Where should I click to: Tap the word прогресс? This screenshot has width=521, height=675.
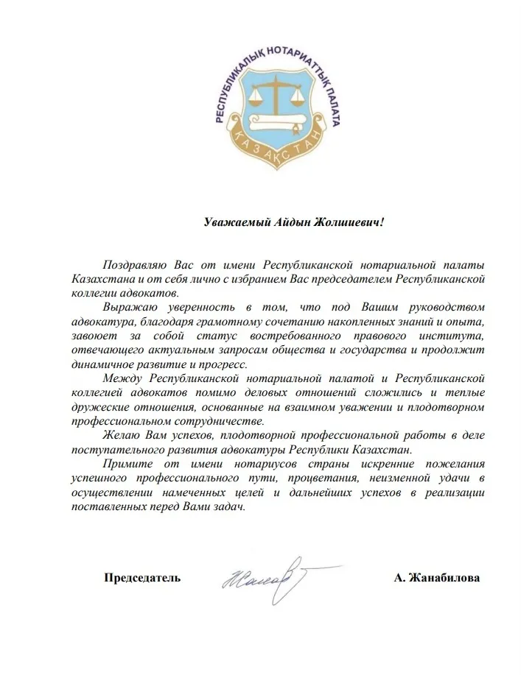pyautogui.click(x=228, y=364)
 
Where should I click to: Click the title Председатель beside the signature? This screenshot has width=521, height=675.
pyautogui.click(x=142, y=578)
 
